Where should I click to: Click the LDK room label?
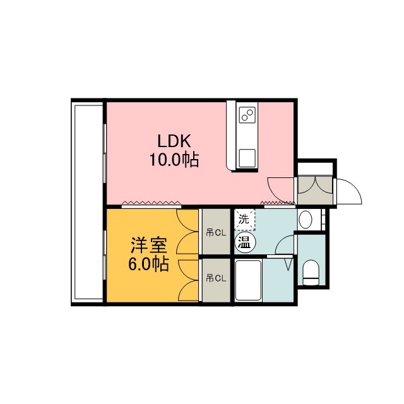[x=174, y=141]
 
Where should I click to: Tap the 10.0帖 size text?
[x=174, y=160]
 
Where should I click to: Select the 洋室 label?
[x=149, y=245]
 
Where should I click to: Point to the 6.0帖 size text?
[x=149, y=264]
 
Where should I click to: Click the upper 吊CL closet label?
[x=216, y=233]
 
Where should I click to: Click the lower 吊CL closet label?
[x=216, y=278]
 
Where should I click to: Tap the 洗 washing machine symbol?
[x=245, y=219]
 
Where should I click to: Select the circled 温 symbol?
[x=245, y=242]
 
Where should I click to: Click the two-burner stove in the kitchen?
[x=247, y=114]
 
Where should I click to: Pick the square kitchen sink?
[x=247, y=158]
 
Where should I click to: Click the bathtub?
[x=249, y=280]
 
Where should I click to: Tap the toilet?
[x=311, y=273]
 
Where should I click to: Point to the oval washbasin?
[x=306, y=220]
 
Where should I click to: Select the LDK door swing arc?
[x=278, y=186]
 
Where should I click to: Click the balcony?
[x=88, y=202]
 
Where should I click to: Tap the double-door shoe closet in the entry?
[x=315, y=190]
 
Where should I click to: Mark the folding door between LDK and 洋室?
[x=151, y=203]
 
